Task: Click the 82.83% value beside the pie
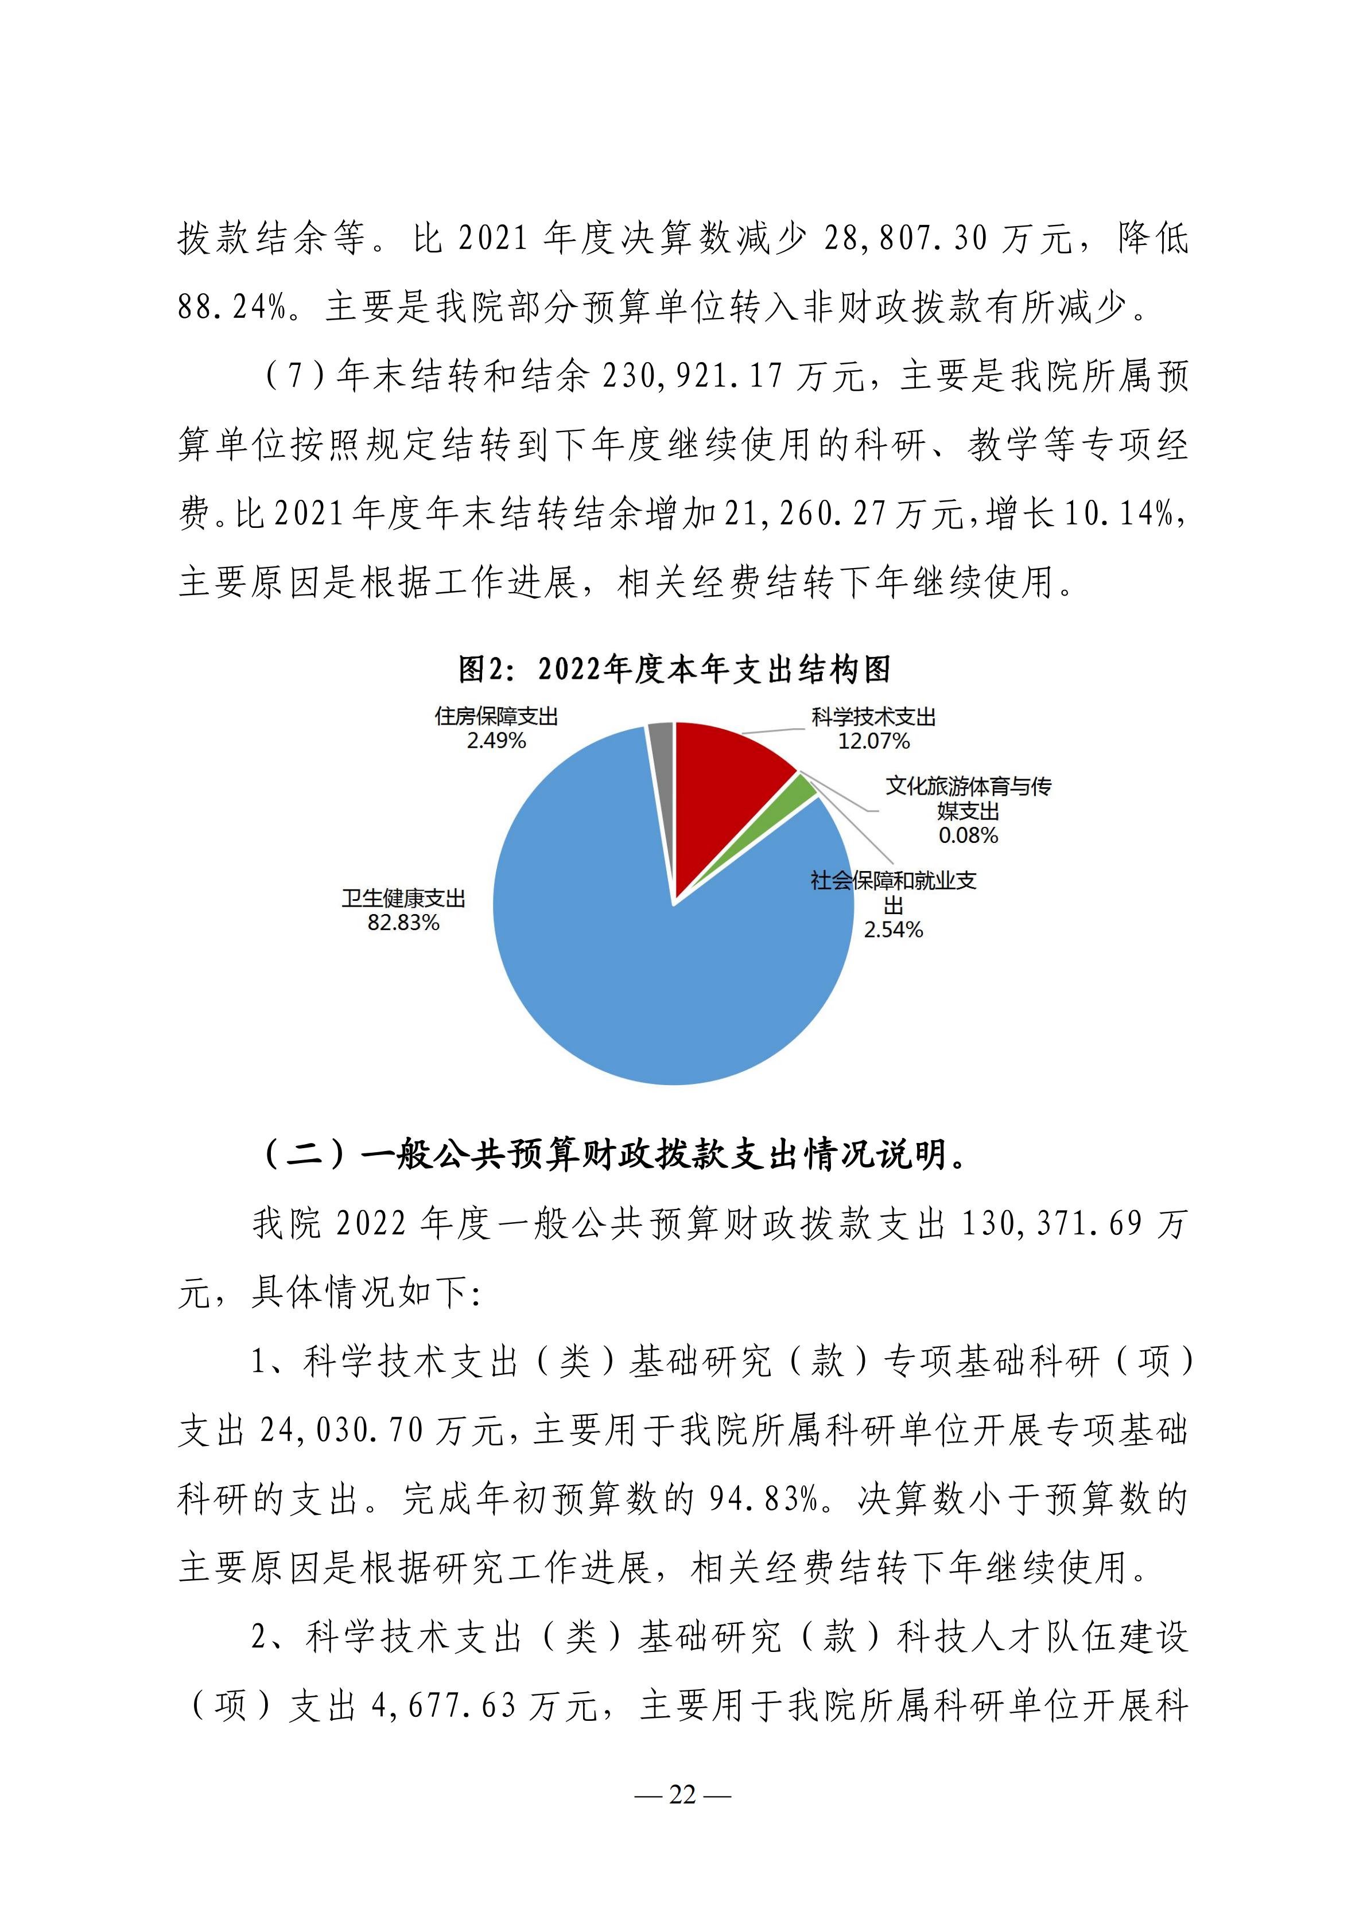pyautogui.click(x=403, y=923)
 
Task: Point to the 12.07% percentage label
pyautogui.click(x=873, y=741)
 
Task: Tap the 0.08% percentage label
pyautogui.click(x=968, y=835)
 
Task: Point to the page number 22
pyautogui.click(x=683, y=1795)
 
